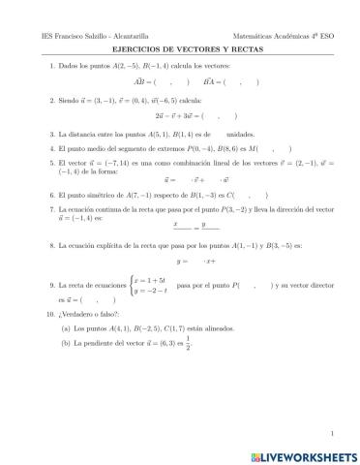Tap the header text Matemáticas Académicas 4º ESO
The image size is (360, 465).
[x=281, y=32]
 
